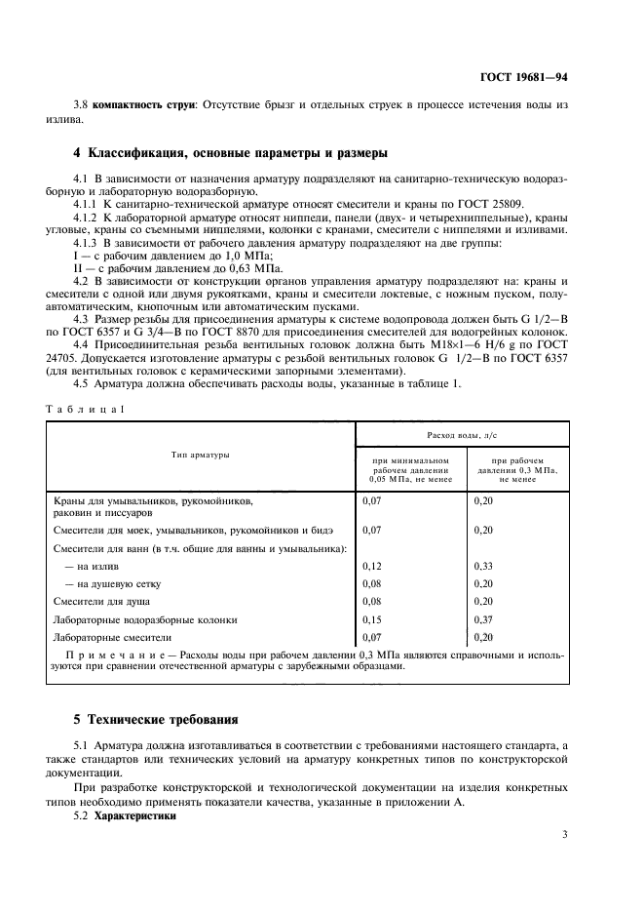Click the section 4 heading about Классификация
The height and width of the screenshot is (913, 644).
pos(231,153)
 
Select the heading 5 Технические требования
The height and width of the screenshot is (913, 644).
pos(156,720)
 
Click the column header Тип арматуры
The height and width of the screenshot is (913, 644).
pos(201,456)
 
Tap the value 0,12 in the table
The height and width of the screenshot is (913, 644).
pos(371,566)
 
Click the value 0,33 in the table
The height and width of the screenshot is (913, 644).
pos(483,566)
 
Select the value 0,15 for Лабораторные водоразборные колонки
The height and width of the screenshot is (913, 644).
pos(371,618)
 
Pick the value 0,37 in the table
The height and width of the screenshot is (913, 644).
pos(483,618)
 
